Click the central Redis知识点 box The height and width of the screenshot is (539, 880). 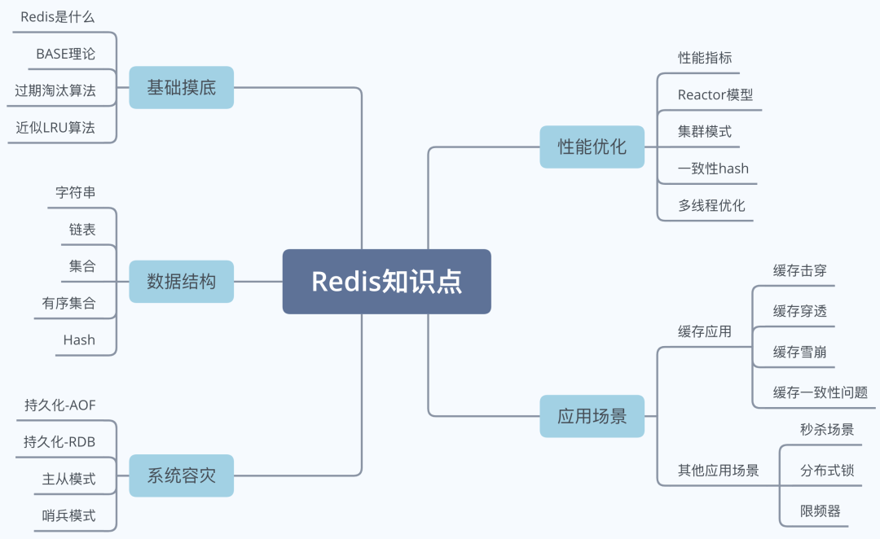pos(386,282)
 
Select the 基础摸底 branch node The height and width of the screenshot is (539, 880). pos(181,87)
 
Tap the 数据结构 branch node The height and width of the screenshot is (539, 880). pos(181,282)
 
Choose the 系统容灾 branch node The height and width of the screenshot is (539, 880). pos(181,475)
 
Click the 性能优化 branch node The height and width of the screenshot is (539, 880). pos(592,147)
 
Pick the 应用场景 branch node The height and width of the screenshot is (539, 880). pos(592,416)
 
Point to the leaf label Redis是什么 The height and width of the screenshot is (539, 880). pos(58,16)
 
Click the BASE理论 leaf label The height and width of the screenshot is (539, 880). pos(65,54)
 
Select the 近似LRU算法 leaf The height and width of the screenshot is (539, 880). pos(55,127)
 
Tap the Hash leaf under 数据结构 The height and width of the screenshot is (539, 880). pos(79,340)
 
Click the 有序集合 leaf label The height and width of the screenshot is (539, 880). pos(68,303)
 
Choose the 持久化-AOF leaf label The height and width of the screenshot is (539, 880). pos(60,405)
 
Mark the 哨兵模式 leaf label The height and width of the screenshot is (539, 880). pos(68,515)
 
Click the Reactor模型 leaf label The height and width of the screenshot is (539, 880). pos(715,94)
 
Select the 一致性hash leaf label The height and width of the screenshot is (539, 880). pos(713,169)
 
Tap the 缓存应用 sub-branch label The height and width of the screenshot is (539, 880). pos(704,331)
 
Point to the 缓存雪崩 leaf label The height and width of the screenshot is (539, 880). pos(799,352)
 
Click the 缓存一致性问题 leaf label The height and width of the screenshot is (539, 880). pos(820,392)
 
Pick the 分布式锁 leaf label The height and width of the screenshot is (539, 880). pos(826,470)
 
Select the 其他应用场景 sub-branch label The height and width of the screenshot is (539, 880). pos(718,470)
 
